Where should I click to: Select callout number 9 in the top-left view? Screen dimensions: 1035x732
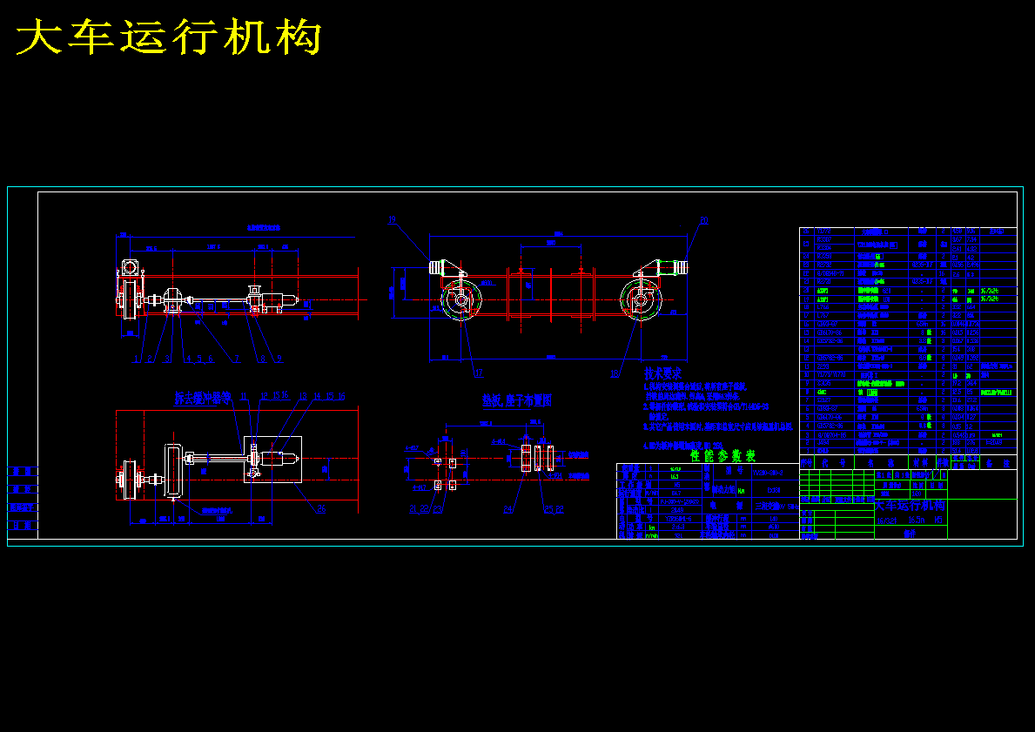[x=279, y=358]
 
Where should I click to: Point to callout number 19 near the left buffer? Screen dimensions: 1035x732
[x=392, y=219]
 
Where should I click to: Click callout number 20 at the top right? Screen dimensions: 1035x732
[x=703, y=219]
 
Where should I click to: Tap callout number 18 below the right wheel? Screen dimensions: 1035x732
[x=615, y=373]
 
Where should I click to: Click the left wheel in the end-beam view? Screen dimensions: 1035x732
[x=460, y=300]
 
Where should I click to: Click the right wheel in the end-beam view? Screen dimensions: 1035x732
[x=643, y=300]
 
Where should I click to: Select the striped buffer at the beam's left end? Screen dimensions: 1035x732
[x=435, y=266]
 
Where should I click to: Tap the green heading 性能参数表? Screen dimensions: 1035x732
[x=722, y=455]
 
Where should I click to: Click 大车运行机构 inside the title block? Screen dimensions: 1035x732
[x=910, y=505]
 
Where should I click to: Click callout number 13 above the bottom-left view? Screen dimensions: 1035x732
[x=304, y=397]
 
